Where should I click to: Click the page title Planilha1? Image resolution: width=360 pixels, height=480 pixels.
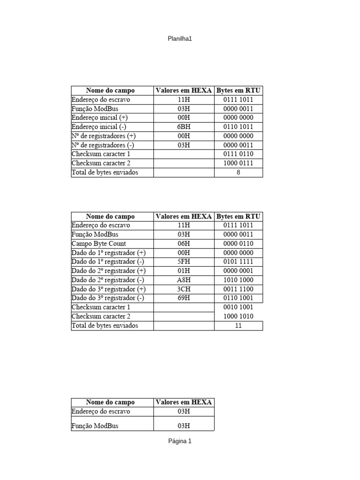click(x=180, y=39)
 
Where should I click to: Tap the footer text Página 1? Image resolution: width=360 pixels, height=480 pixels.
click(x=180, y=441)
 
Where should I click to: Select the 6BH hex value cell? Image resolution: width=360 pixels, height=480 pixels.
click(x=184, y=127)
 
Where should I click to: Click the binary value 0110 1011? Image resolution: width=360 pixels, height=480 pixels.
click(x=239, y=127)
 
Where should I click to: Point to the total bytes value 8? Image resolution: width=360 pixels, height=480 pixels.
click(x=239, y=172)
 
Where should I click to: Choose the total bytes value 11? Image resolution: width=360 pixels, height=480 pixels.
click(x=239, y=325)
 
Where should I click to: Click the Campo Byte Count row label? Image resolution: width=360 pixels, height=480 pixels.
click(x=98, y=244)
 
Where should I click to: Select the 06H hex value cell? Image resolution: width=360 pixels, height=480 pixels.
click(x=184, y=244)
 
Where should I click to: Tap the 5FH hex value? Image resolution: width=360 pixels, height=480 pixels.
click(x=184, y=262)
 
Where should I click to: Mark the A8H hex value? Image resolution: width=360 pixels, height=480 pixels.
click(x=184, y=280)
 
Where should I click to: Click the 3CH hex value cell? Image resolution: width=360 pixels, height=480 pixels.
click(x=184, y=289)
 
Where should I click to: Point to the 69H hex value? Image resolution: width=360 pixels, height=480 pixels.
click(x=184, y=298)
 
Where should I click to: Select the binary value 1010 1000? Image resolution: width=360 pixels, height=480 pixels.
click(x=239, y=280)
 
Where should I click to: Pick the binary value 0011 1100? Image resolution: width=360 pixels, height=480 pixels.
click(x=239, y=289)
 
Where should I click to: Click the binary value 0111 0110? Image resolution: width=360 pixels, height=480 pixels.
click(x=239, y=154)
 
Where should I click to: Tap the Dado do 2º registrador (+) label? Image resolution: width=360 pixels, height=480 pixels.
click(x=108, y=271)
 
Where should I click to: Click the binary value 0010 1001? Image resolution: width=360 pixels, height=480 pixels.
click(x=239, y=307)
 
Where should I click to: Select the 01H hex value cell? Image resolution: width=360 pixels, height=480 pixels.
click(x=184, y=271)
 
